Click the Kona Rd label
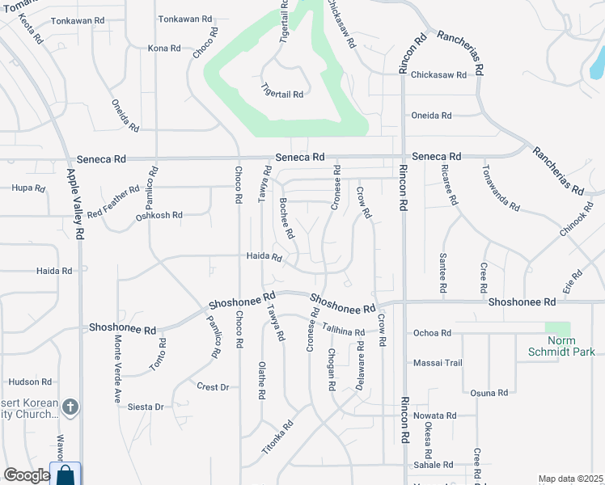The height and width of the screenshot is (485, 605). coord(164,48)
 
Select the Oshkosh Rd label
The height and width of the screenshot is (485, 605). coord(159,216)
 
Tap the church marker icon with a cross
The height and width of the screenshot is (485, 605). coord(70,407)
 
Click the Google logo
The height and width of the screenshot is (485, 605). coord(27,475)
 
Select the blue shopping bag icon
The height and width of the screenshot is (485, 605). coord(65,474)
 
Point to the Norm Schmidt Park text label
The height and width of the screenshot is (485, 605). coord(561,347)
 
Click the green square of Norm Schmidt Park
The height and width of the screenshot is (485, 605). coord(557,330)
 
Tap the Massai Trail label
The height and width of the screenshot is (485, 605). coord(438,363)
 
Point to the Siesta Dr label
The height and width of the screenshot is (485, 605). coord(146,407)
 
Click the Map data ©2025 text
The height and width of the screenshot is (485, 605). coord(570,479)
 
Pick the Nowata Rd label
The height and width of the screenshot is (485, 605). coord(435,415)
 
